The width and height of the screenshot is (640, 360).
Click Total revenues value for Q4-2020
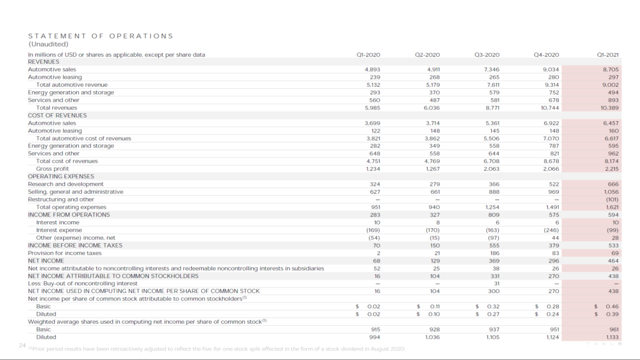point(550,107)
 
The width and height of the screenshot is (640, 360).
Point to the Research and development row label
point(66,184)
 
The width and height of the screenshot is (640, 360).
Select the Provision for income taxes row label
point(64,253)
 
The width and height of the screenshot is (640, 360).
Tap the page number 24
point(22,345)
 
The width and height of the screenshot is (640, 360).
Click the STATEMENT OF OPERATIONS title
point(101,36)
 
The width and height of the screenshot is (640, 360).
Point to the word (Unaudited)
point(48,44)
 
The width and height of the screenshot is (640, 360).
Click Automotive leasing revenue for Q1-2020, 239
point(372,77)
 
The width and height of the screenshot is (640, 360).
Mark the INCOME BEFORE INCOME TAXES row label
point(75,246)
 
